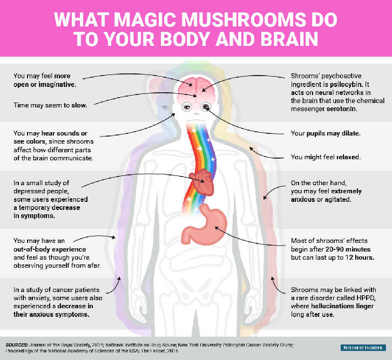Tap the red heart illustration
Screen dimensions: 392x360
pyautogui.click(x=202, y=182)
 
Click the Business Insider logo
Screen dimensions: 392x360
pyautogui.click(x=363, y=348)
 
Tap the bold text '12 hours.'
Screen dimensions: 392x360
pyautogui.click(x=360, y=257)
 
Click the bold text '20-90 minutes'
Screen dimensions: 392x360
pyautogui.click(x=348, y=249)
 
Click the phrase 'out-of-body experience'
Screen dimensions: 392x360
pyautogui.click(x=50, y=249)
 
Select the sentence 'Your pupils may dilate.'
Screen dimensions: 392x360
pyautogui.click(x=326, y=133)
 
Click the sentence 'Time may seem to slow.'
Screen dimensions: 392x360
pyautogui.click(x=50, y=105)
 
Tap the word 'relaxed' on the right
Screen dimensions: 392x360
pyautogui.click(x=348, y=157)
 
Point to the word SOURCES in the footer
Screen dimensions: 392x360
pyautogui.click(x=17, y=345)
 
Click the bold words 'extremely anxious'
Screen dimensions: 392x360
pyautogui.click(x=326, y=195)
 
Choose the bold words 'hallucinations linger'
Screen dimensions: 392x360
pyautogui.click(x=342, y=306)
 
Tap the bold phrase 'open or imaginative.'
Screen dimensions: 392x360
pyautogui.click(x=45, y=84)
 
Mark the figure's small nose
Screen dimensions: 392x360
pyautogui.click(x=197, y=113)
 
